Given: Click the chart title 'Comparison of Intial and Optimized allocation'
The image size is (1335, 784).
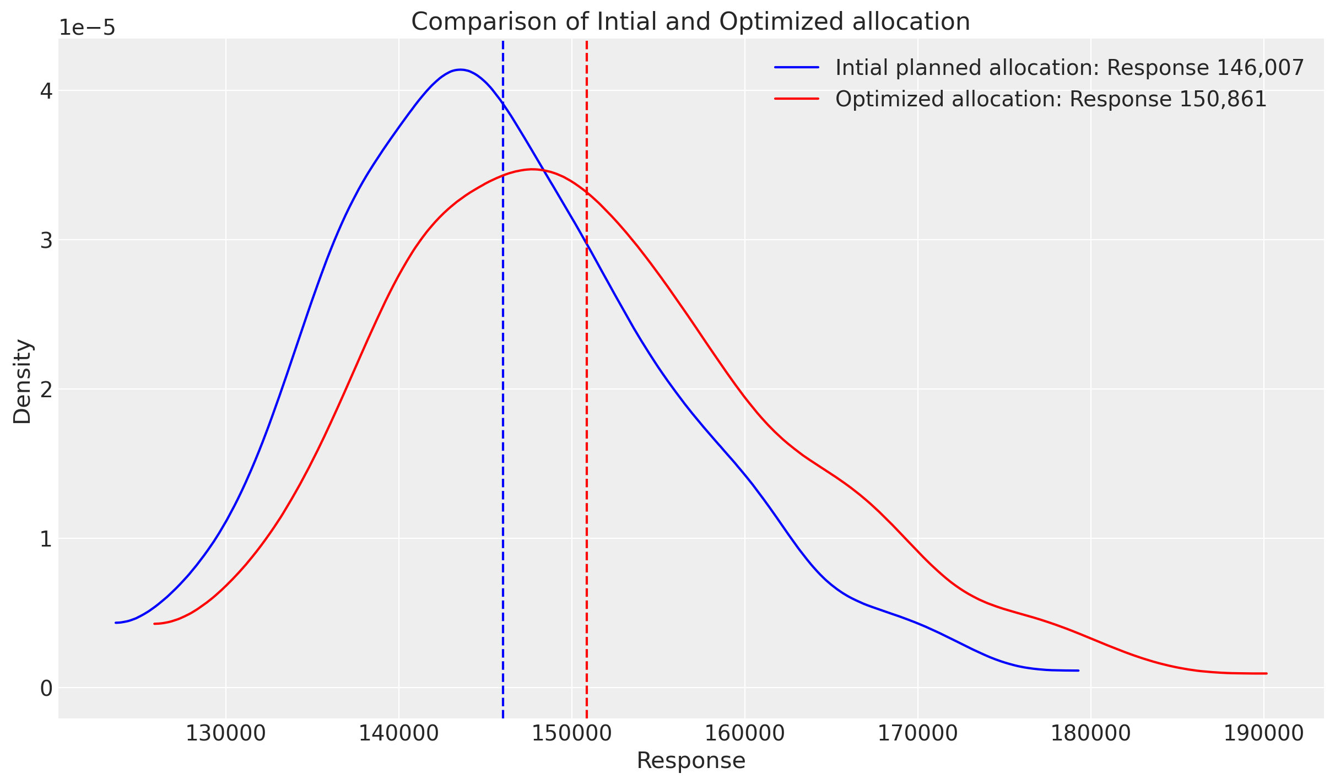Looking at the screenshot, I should tap(690, 22).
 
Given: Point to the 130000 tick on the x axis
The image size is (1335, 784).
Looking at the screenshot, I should tap(226, 733).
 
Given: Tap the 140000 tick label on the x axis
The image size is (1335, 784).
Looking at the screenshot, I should tap(399, 733).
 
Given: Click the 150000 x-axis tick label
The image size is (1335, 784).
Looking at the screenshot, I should tap(572, 733).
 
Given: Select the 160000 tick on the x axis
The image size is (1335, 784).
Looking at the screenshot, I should tap(745, 733).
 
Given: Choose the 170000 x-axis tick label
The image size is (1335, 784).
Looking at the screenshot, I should tap(918, 733).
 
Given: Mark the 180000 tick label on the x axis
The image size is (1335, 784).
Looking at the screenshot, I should tap(1091, 733).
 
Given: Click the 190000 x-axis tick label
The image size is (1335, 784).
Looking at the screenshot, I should tap(1264, 733).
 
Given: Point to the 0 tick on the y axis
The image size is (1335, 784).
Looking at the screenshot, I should tap(46, 688).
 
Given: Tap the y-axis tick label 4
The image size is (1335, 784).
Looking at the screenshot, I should tap(46, 91).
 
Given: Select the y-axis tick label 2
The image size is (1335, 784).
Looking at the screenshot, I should tap(46, 390).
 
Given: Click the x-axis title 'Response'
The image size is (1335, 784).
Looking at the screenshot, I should tap(690, 761).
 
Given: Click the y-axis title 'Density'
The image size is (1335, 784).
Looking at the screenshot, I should tap(23, 381).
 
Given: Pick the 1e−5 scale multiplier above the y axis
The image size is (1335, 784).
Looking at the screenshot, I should tap(87, 28).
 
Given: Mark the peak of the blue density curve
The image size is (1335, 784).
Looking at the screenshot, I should tap(461, 69).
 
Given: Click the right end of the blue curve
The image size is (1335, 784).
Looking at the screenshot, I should tap(1078, 671).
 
